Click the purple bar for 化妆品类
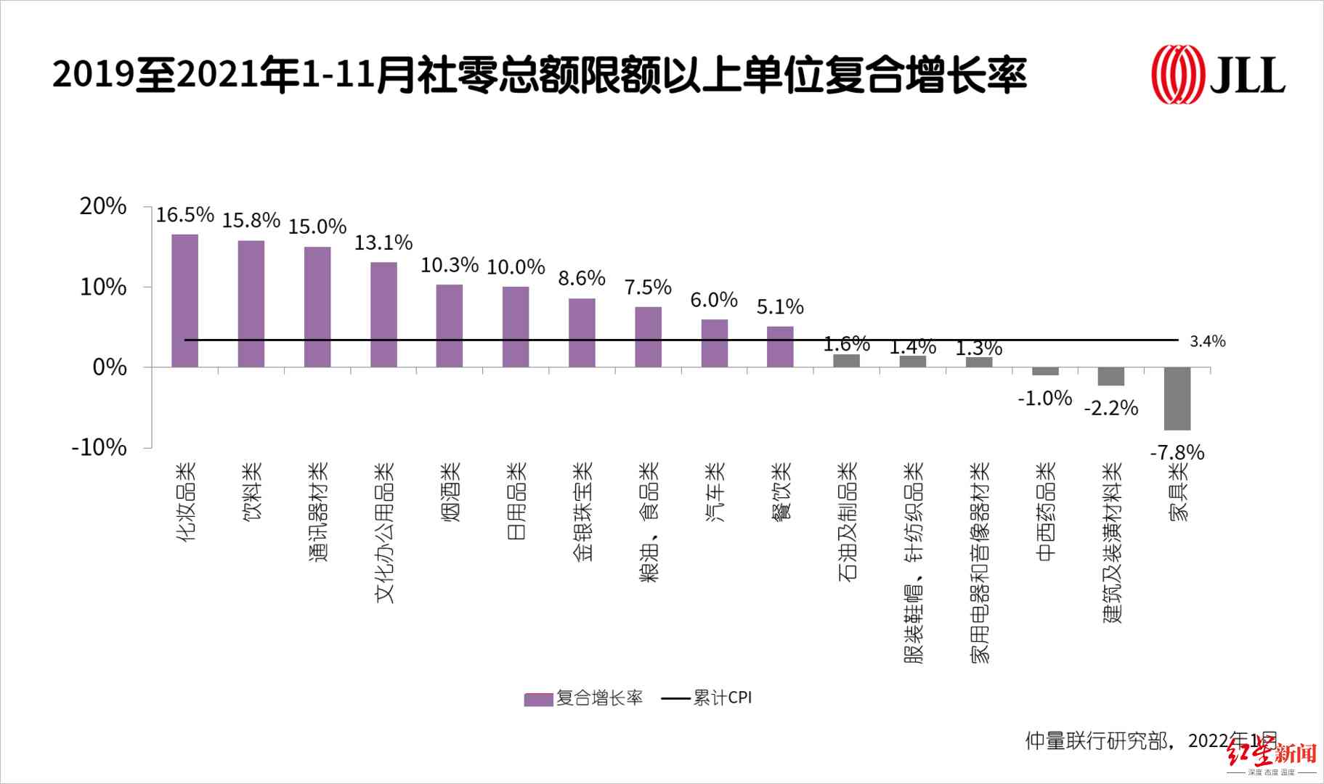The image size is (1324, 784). click(x=184, y=301)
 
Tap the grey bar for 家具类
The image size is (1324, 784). click(x=1177, y=399)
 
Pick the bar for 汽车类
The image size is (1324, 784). click(x=715, y=343)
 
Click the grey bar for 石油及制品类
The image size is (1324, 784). click(x=846, y=361)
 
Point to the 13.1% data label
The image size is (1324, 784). click(x=383, y=242)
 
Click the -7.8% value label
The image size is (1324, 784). click(x=1177, y=453)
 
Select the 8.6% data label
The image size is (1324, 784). click(x=582, y=278)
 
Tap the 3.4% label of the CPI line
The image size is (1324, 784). click(x=1207, y=341)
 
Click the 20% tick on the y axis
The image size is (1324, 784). click(x=103, y=207)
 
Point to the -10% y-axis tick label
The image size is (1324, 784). click(x=99, y=447)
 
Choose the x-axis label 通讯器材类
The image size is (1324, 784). click(x=318, y=512)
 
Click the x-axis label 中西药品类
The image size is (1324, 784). click(x=1046, y=512)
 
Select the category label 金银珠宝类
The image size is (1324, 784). click(x=582, y=512)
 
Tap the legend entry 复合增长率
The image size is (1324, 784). click(x=585, y=698)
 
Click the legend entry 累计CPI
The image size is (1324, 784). click(x=707, y=698)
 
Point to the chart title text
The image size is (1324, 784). click(x=539, y=75)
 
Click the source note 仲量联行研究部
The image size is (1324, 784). click(x=1097, y=740)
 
